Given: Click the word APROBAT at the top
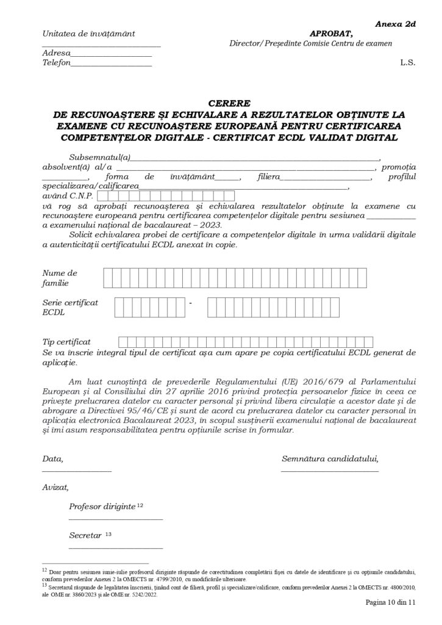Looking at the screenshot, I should click(x=331, y=34).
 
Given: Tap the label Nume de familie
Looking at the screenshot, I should click(x=60, y=278).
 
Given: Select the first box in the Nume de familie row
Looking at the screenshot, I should click(x=108, y=278).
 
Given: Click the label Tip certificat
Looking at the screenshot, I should click(x=66, y=342).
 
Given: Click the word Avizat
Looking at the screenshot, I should click(x=55, y=488).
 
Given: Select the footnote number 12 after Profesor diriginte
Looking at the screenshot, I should click(x=140, y=506).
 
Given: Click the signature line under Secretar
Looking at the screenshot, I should click(x=116, y=549).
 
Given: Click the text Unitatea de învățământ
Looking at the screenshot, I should click(x=89, y=34).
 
